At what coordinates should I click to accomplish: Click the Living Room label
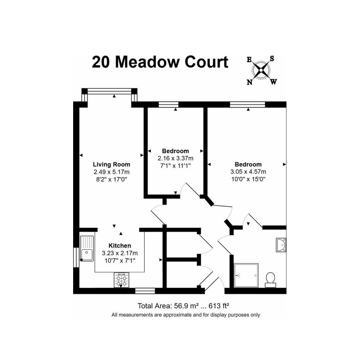pos(111,165)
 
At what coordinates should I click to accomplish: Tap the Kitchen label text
pos(120,245)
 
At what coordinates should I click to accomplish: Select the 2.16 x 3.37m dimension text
pos(175,158)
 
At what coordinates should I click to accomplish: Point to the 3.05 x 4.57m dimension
pos(248,171)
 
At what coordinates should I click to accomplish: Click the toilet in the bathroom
pos(270,280)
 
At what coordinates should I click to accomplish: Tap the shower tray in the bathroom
pos(246,275)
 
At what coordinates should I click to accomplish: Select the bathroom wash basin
pos(281,245)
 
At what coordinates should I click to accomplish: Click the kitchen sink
pos(87,248)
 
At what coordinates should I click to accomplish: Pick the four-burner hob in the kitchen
pos(122,280)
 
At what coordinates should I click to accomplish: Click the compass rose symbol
pos(261,70)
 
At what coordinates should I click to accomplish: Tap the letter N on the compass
pos(250,82)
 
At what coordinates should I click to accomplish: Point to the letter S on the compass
pos(272,59)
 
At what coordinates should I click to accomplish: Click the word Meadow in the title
pos(147,62)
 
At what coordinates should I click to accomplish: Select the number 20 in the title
pos(101,62)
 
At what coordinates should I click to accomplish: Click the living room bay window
pos(109,91)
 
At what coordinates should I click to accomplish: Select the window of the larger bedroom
pos(248,104)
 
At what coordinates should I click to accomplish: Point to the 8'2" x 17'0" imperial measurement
pos(112,179)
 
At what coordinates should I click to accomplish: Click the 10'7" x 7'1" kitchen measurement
pos(120,261)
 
